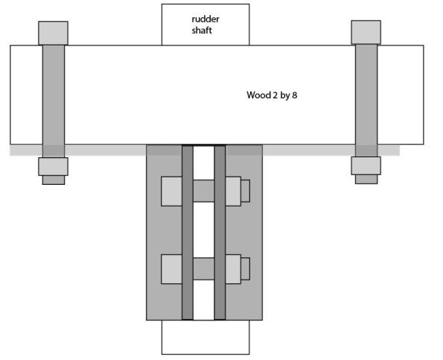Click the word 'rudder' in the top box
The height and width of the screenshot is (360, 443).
pos(205,19)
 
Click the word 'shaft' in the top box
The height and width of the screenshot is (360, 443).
pos(202,31)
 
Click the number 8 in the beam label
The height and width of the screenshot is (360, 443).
pos(295,95)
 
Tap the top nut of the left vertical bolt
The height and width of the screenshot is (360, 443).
pos(53,33)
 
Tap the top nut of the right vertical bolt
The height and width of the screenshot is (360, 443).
pos(366,32)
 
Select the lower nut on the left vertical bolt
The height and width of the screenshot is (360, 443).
pos(53,166)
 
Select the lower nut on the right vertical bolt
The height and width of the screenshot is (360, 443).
pos(366,165)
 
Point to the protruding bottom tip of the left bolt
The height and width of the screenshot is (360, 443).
pos(54,180)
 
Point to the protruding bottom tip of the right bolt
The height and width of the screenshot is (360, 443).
pos(366,180)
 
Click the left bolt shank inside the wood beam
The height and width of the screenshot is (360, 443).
pos(54,95)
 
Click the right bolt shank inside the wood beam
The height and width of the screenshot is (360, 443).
pos(366,95)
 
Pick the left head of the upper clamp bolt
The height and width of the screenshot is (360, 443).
pos(171,191)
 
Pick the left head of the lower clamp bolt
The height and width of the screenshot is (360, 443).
pos(171,269)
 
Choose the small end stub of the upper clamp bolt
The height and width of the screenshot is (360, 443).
pos(245,191)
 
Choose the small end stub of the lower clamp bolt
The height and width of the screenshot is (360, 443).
pos(245,269)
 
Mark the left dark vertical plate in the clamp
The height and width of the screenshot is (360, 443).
pos(188,233)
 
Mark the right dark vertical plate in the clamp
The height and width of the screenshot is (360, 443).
pos(220,233)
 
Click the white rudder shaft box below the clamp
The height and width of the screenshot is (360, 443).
pos(205,337)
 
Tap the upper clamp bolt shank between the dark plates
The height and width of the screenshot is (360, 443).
pos(204,191)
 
